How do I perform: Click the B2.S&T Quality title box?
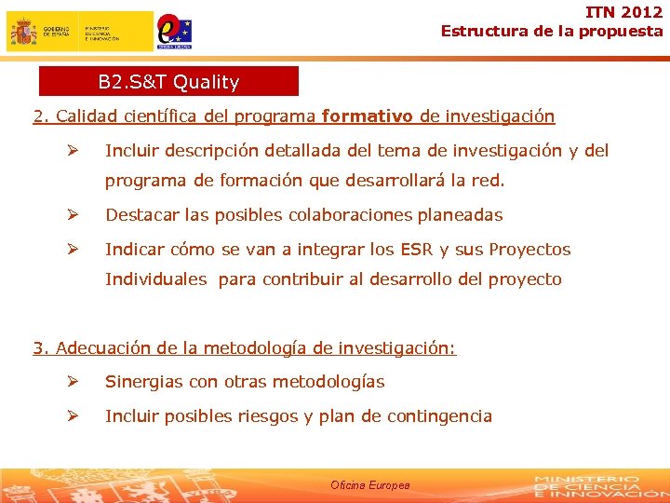[168, 82]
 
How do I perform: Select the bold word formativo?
[368, 116]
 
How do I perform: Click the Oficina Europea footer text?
[369, 485]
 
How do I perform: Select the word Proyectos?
[529, 250]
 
